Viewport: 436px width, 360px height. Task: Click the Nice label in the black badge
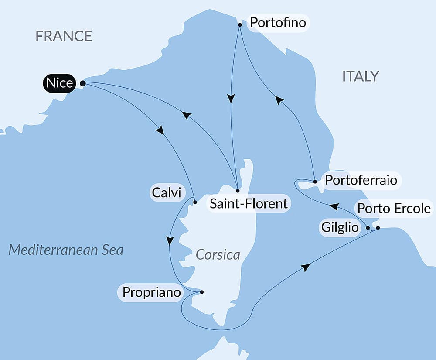tap(59, 83)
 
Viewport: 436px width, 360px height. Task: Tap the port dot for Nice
tap(82, 83)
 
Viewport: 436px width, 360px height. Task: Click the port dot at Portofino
tap(240, 25)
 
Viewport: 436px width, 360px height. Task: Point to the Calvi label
tap(166, 192)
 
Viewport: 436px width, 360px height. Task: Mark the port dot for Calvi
tap(195, 202)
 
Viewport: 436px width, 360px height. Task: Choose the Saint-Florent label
tap(249, 203)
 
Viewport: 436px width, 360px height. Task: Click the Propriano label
tap(152, 292)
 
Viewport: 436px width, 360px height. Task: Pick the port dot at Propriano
tap(201, 292)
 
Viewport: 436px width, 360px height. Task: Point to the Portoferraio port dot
tap(315, 181)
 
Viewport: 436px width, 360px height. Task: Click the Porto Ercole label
tap(394, 209)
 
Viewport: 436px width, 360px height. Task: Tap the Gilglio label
tap(340, 227)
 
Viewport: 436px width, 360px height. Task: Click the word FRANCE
tap(64, 36)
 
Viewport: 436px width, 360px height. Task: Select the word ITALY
tap(361, 76)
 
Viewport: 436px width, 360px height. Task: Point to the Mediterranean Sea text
tap(66, 250)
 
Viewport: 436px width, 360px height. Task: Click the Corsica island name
tap(218, 254)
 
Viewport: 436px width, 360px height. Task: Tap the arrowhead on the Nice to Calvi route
tap(160, 130)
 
